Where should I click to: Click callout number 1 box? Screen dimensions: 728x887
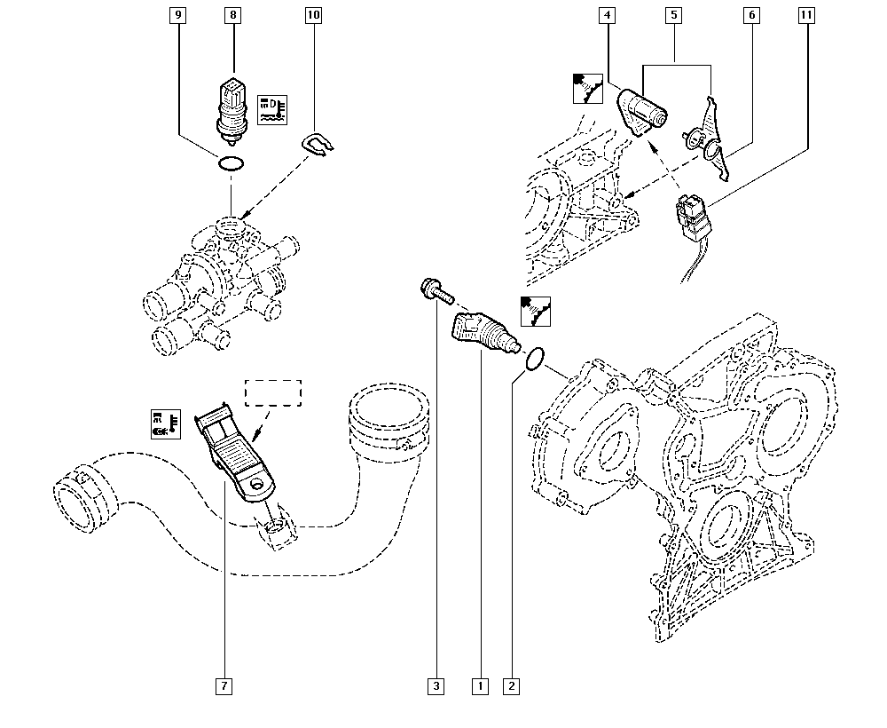480,685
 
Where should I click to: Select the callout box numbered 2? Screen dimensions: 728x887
510,685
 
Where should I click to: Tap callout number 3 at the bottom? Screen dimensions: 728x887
436,685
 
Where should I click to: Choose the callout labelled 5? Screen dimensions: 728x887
675,16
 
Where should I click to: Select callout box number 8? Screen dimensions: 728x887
232,16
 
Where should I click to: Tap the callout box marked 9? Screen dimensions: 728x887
178,16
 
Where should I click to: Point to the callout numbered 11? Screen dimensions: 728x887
807,16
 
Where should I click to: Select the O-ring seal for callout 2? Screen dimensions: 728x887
532,359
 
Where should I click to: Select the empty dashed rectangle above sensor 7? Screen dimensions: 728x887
274,394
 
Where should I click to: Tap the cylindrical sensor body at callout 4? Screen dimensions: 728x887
644,108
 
